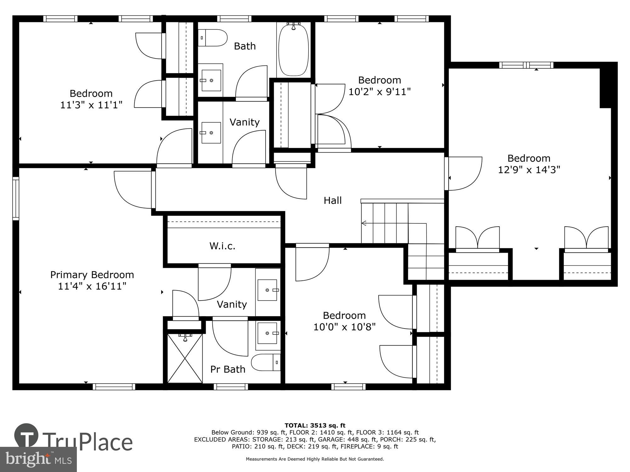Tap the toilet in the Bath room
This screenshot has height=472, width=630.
[x=213, y=38]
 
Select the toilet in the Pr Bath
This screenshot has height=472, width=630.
[x=266, y=362]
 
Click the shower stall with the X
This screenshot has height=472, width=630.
[x=185, y=358]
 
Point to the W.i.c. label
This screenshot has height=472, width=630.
[x=222, y=246]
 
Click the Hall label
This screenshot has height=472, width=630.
[x=333, y=200]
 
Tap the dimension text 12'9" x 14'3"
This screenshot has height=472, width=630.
[x=529, y=170]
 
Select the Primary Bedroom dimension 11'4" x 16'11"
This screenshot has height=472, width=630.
[x=92, y=286]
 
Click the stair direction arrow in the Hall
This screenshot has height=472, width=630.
[x=364, y=223]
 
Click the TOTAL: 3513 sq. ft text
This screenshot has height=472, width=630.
[x=315, y=425]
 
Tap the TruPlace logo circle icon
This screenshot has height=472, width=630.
[x=26, y=436]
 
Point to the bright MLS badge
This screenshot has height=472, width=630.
[x=38, y=459]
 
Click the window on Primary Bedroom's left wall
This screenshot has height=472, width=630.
[x=15, y=198]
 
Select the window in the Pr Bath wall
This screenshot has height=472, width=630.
[x=231, y=387]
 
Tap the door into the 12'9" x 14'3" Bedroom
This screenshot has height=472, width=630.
[x=463, y=174]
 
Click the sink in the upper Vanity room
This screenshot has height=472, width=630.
[x=211, y=133]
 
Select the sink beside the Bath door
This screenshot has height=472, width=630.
[x=211, y=81]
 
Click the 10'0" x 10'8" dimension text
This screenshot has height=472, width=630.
[x=344, y=327]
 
